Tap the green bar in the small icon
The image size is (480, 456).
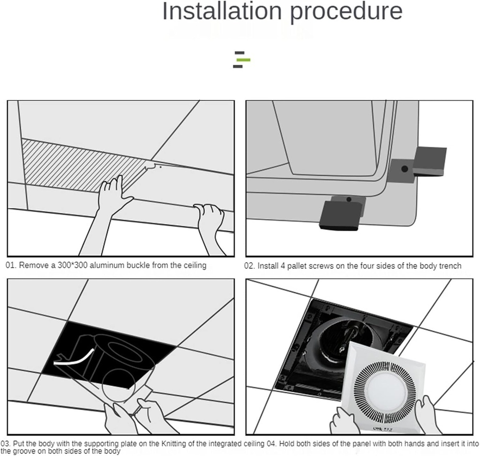(x=243, y=60)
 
